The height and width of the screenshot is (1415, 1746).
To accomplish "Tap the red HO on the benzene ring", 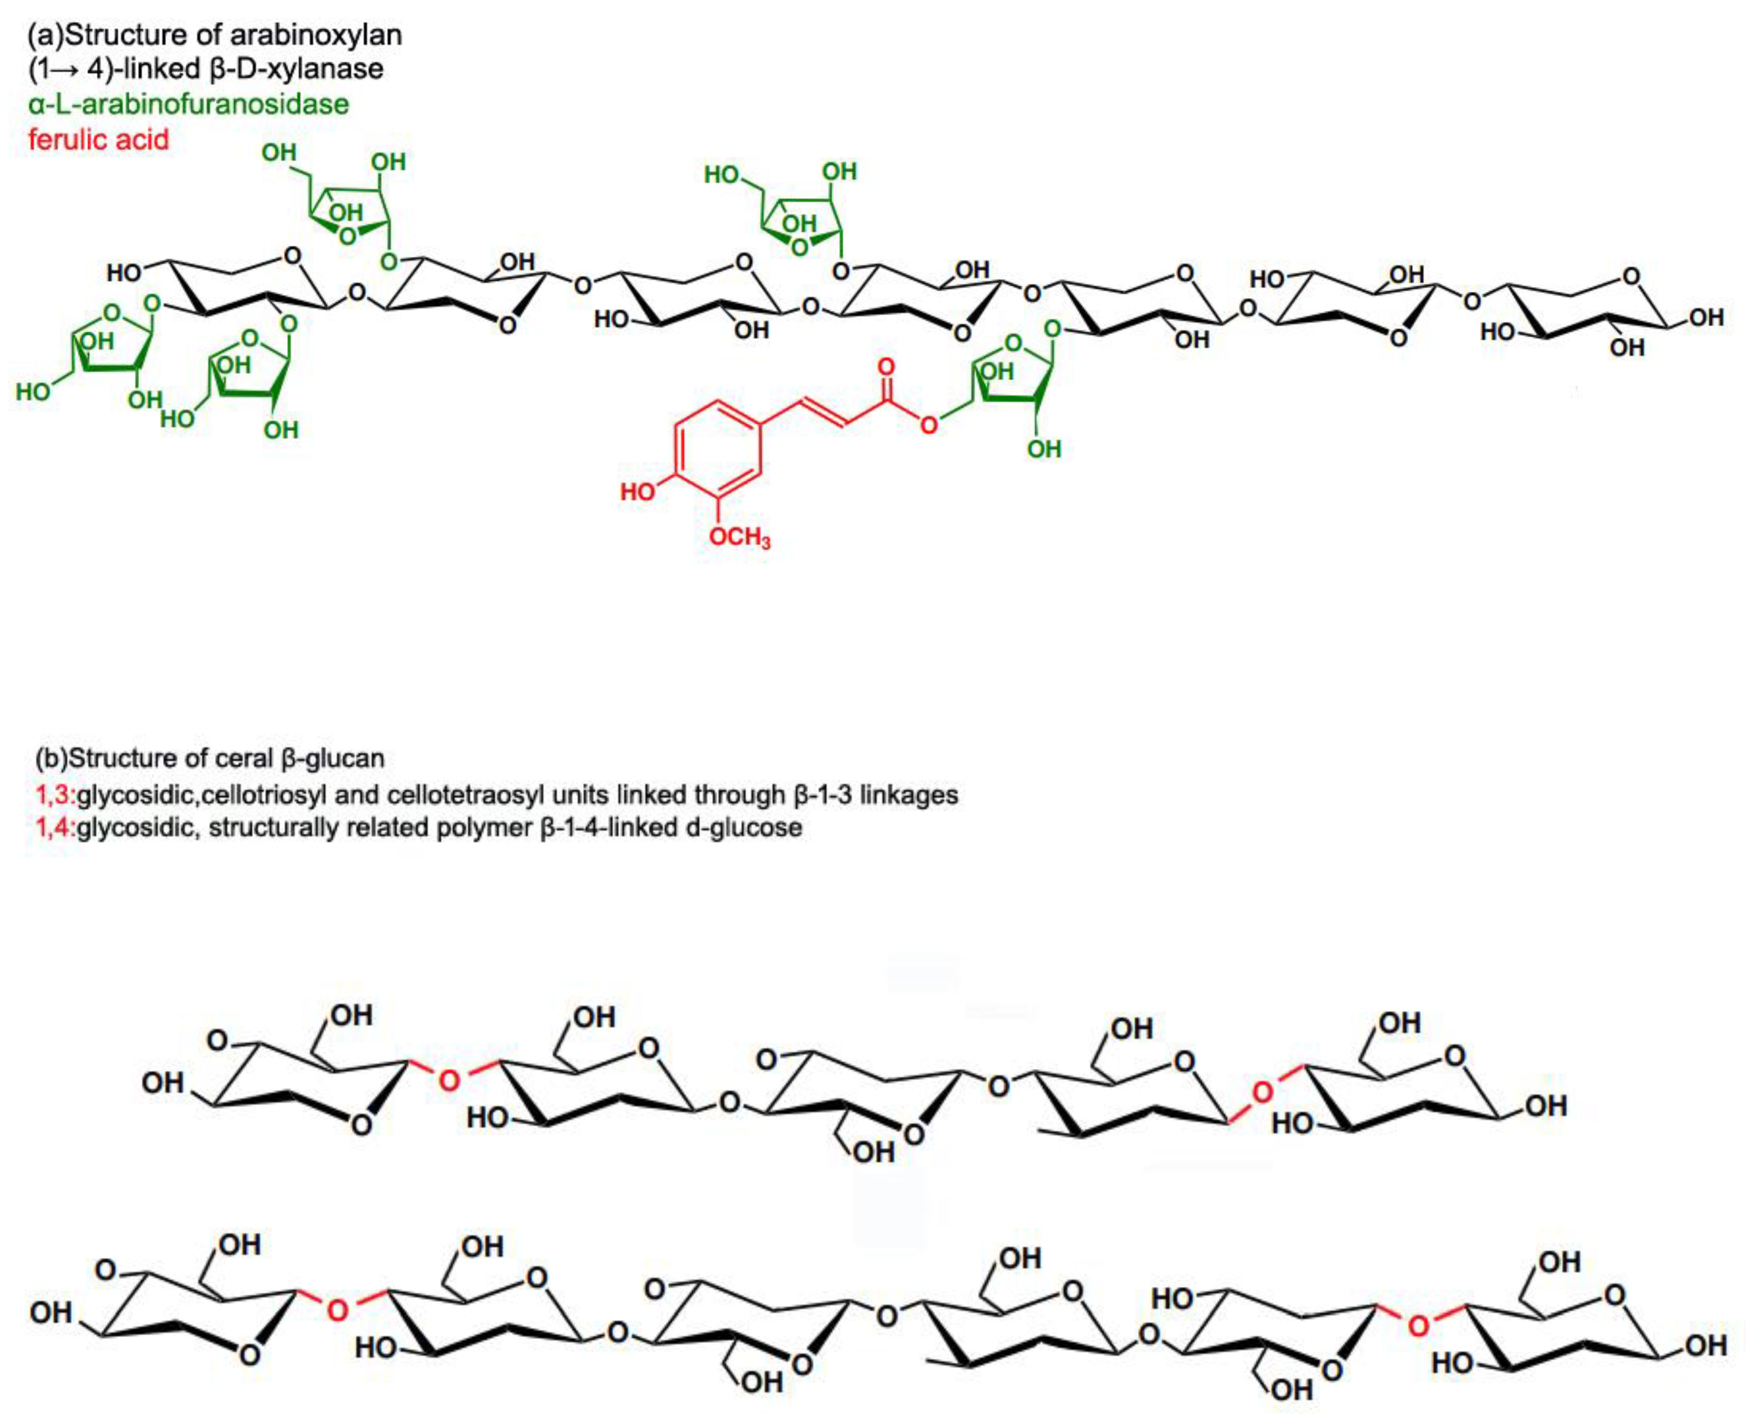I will point(638,492).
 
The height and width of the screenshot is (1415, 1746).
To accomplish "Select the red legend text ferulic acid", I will point(99,140).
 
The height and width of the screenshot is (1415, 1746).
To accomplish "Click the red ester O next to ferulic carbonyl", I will point(929,426).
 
